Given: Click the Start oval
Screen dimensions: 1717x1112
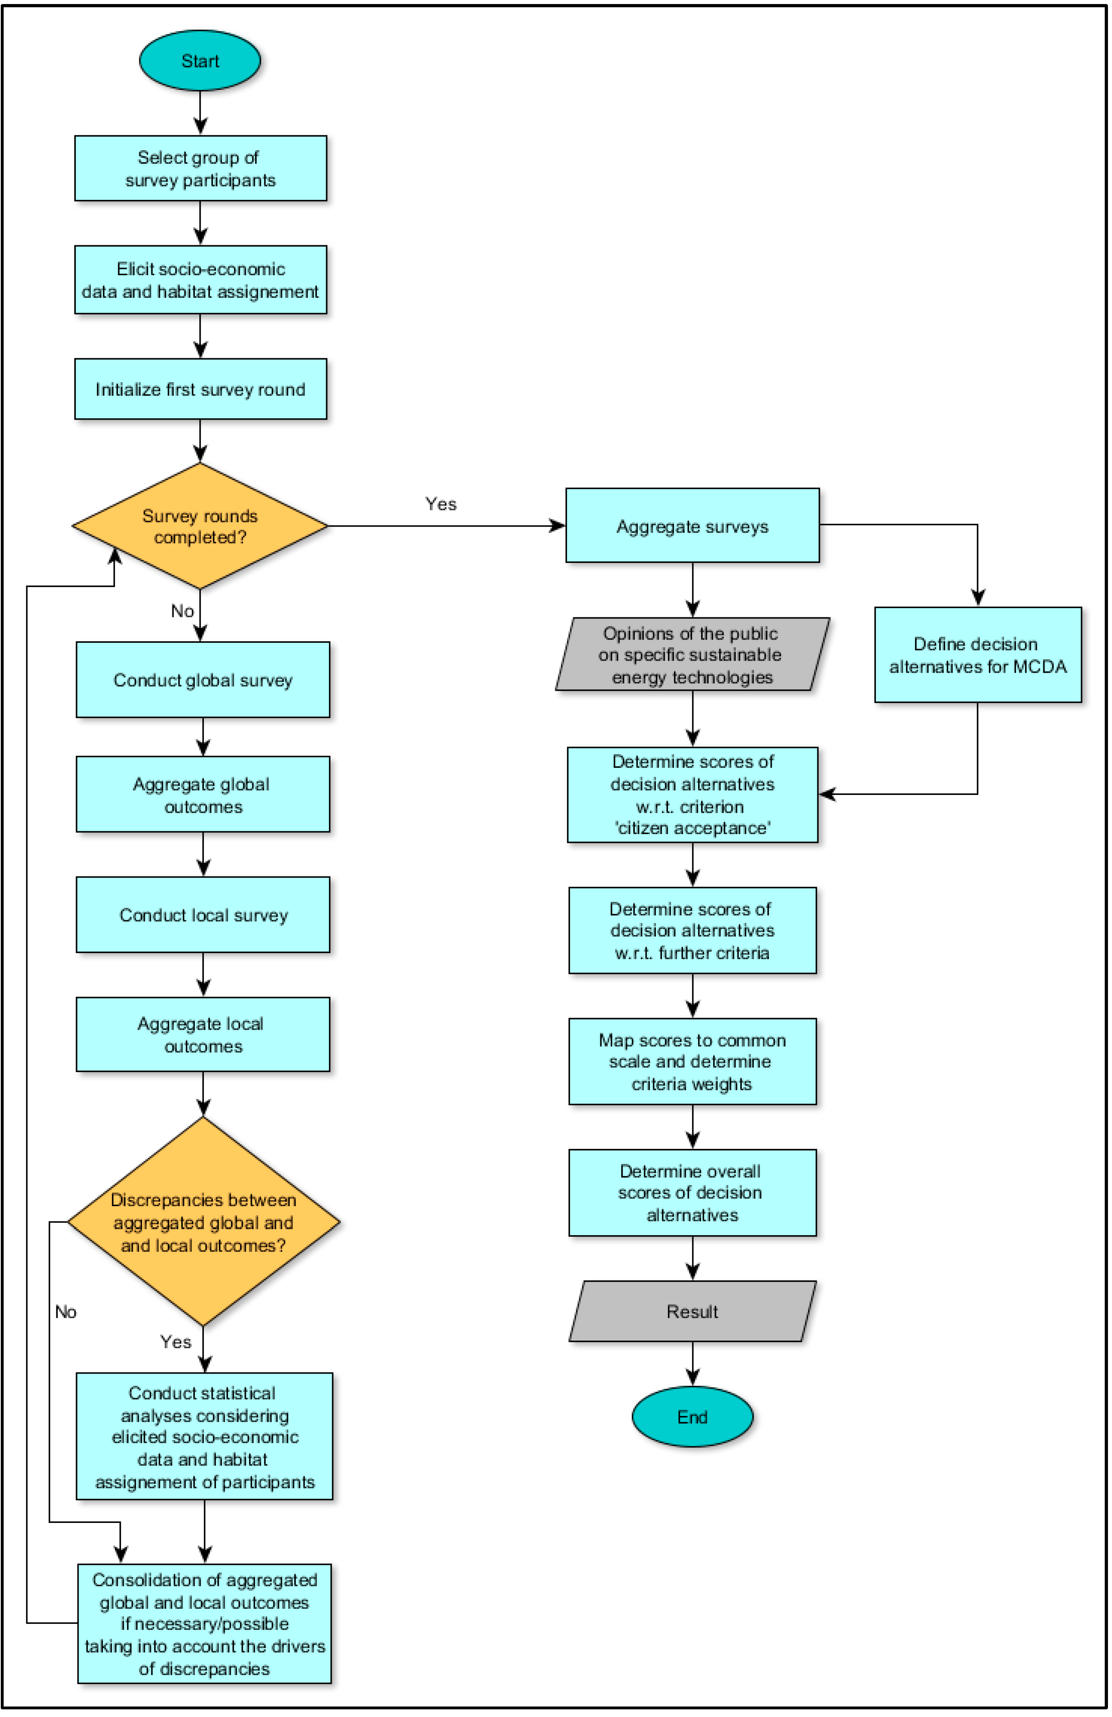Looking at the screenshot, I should click(200, 61).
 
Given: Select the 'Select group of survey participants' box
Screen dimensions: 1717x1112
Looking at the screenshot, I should click(201, 168).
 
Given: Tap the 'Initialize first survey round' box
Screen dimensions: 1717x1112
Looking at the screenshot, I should click(201, 389).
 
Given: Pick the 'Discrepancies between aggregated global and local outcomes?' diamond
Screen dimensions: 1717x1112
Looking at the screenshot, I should click(203, 1222).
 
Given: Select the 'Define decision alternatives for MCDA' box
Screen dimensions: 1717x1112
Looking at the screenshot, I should click(977, 655).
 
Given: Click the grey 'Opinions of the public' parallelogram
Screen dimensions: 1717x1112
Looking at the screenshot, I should click(692, 655).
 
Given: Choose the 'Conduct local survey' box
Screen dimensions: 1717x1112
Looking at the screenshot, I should click(203, 915).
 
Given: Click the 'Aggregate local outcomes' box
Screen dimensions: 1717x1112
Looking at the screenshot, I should click(203, 1035).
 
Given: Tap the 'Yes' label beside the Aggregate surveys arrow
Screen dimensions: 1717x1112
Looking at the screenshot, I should click(440, 504).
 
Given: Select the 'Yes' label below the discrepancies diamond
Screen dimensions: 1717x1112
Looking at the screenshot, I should click(175, 1341).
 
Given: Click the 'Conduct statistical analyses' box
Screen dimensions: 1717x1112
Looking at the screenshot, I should click(204, 1437).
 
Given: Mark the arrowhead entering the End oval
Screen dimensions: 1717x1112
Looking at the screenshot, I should click(692, 1379).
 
